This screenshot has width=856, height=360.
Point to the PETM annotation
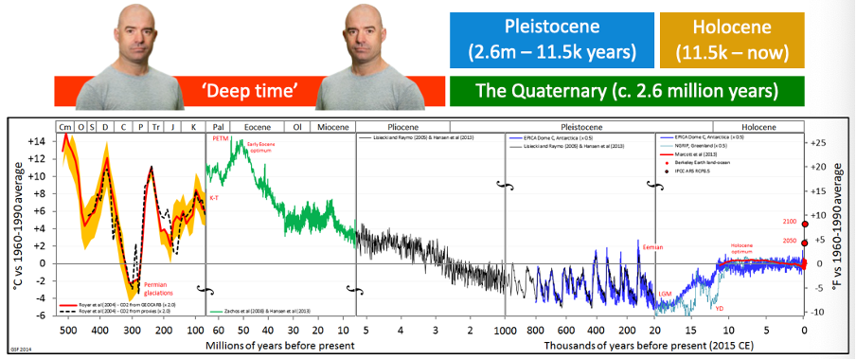[x=221, y=139]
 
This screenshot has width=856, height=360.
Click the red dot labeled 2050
[x=804, y=242]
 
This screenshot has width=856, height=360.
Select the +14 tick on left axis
[x=36, y=140]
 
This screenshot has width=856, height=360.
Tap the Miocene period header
[x=331, y=126]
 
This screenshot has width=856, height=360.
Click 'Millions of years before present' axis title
[x=280, y=346]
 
